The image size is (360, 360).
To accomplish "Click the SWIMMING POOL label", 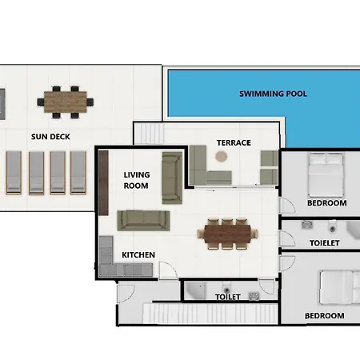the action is [273, 94].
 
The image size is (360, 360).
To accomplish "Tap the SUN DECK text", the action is [50, 137].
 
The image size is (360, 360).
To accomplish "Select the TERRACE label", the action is [234, 143].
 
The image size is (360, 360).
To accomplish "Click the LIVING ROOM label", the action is [137, 180].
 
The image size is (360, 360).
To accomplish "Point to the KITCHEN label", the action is [138, 255].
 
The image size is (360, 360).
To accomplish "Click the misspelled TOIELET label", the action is [325, 243].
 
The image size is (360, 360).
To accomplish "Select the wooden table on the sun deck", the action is [66, 102].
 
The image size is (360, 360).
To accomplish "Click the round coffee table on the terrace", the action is [221, 156].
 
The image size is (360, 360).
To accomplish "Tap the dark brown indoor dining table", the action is [227, 234].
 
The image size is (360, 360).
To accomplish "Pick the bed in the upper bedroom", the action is [326, 174].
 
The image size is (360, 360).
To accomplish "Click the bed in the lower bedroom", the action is [340, 287].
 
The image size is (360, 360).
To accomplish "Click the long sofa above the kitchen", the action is [143, 221].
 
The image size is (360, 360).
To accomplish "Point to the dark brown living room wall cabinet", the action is [103, 182].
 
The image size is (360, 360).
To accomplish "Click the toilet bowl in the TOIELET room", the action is [333, 226].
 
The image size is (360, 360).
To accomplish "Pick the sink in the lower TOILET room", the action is [254, 296].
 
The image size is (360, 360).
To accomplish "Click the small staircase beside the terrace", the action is [149, 133].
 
